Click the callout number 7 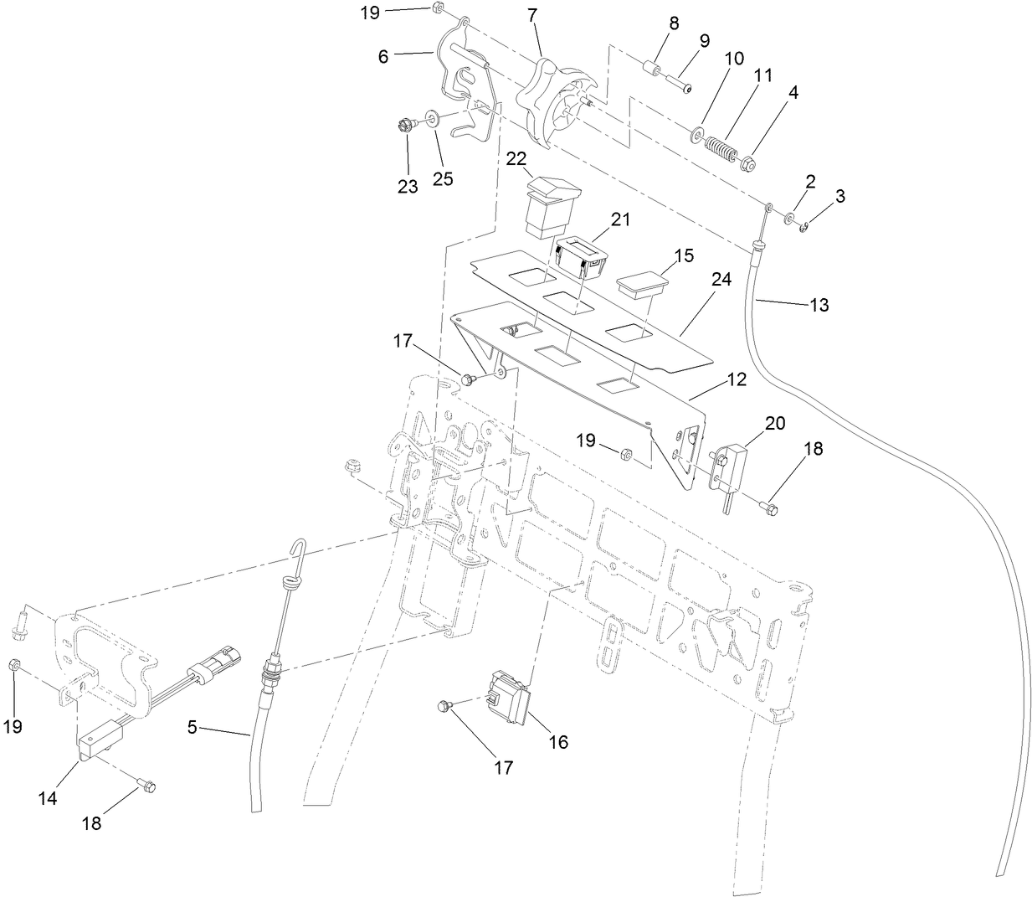532,14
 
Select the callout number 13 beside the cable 819,306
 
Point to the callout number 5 193,728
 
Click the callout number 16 557,741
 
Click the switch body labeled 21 581,255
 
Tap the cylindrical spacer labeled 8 653,66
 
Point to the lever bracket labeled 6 460,84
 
